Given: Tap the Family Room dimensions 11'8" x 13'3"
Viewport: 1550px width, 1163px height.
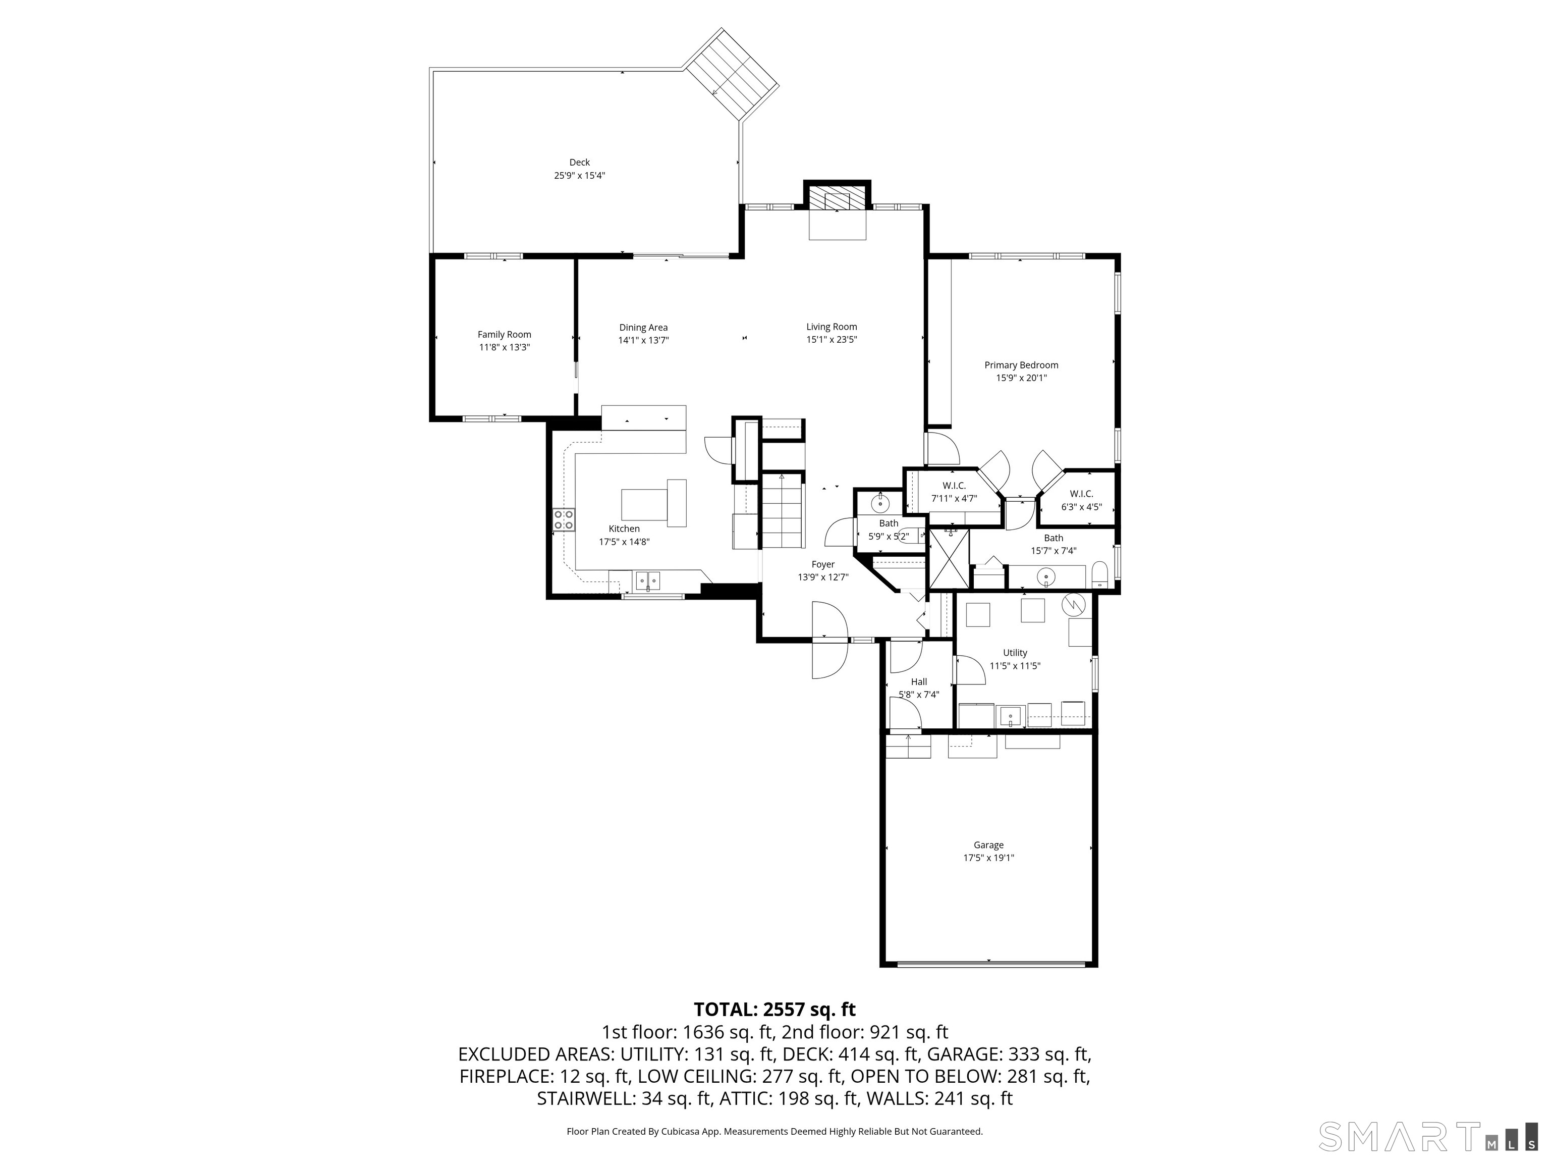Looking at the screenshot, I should click(x=504, y=347).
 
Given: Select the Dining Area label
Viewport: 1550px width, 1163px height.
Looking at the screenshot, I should click(x=643, y=328).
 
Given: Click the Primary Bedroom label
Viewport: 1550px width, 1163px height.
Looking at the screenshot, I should click(x=1021, y=364).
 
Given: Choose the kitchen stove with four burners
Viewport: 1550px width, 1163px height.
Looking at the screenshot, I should click(x=564, y=519).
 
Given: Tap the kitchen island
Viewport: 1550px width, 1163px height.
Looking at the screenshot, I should click(x=653, y=503).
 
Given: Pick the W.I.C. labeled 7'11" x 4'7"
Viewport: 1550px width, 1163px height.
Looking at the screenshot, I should click(x=954, y=492).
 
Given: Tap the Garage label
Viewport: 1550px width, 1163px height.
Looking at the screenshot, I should click(x=988, y=844).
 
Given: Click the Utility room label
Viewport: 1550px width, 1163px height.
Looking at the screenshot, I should click(x=1015, y=653).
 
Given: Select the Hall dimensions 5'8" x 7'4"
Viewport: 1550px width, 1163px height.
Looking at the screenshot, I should click(x=919, y=695).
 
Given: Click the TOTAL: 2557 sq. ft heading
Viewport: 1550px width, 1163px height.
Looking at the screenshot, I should click(x=774, y=1010).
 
